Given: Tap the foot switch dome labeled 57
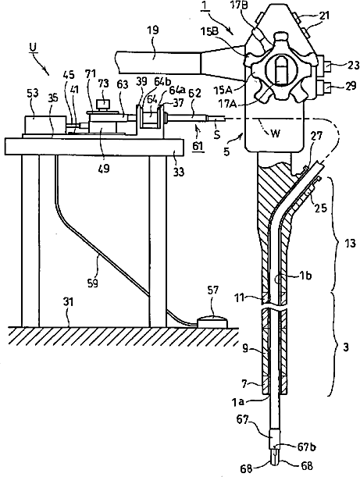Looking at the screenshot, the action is click(x=212, y=322).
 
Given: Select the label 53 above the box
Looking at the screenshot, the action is click(x=32, y=94).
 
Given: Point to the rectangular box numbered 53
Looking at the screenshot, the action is click(x=45, y=125).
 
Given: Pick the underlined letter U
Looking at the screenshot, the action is click(x=33, y=47).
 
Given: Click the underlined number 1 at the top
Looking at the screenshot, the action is click(x=204, y=7).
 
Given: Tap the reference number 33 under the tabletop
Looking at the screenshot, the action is click(x=179, y=172).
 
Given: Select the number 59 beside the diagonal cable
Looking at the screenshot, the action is click(x=92, y=283).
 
